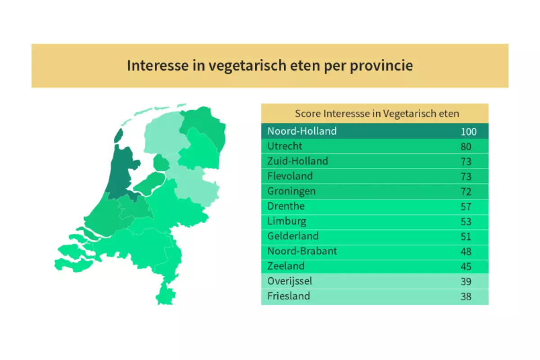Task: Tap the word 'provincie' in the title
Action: [382, 66]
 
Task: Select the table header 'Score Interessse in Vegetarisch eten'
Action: [377, 113]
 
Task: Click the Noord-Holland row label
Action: [302, 131]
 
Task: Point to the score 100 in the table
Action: [468, 132]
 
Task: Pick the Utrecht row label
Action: [285, 146]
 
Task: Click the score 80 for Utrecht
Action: [466, 147]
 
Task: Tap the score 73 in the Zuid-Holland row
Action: [466, 162]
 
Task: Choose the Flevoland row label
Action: [290, 176]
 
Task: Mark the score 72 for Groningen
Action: [466, 192]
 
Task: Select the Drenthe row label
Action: [286, 206]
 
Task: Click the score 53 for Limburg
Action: [466, 221]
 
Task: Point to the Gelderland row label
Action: [293, 236]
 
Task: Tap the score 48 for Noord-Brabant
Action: [466, 252]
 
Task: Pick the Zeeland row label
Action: [286, 266]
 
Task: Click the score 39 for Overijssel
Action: [466, 282]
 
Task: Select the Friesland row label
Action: [288, 296]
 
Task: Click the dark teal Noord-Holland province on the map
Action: [120, 174]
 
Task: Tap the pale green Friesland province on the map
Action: [164, 135]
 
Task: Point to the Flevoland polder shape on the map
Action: [149, 183]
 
